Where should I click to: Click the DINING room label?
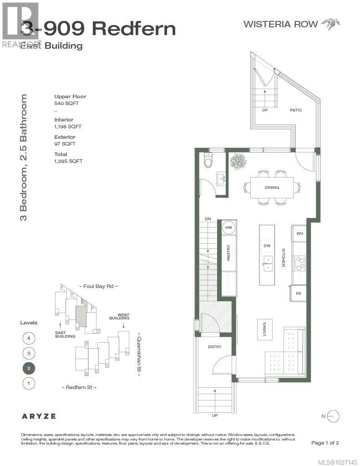pos(272,187)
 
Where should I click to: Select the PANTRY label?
pos(228,253)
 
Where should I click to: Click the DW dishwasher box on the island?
pos(267,246)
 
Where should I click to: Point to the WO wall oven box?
pos(300,233)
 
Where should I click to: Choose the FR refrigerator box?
pos(299,294)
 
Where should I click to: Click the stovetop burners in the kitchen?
pos(300,263)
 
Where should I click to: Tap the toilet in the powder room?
pos(208,160)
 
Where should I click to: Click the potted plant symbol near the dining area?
pos(238,161)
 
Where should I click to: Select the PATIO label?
pos(296,110)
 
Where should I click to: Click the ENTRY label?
pos(214,347)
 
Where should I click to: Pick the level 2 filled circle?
pos(29,368)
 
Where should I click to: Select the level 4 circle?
pos(29,338)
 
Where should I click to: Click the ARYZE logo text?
pos(39,416)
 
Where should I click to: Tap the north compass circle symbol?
pos(333,416)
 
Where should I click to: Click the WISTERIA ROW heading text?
pos(281,24)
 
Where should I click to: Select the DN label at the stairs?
pos(208,219)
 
